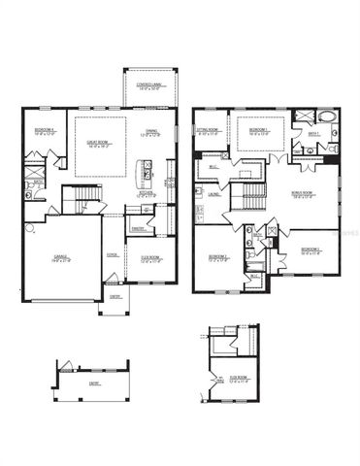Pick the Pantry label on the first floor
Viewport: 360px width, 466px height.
(x=138, y=229)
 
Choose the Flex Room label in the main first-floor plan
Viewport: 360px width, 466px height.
(x=151, y=259)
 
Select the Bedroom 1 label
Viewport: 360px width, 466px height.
(x=258, y=130)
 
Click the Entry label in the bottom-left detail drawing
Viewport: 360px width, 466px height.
(x=93, y=383)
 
